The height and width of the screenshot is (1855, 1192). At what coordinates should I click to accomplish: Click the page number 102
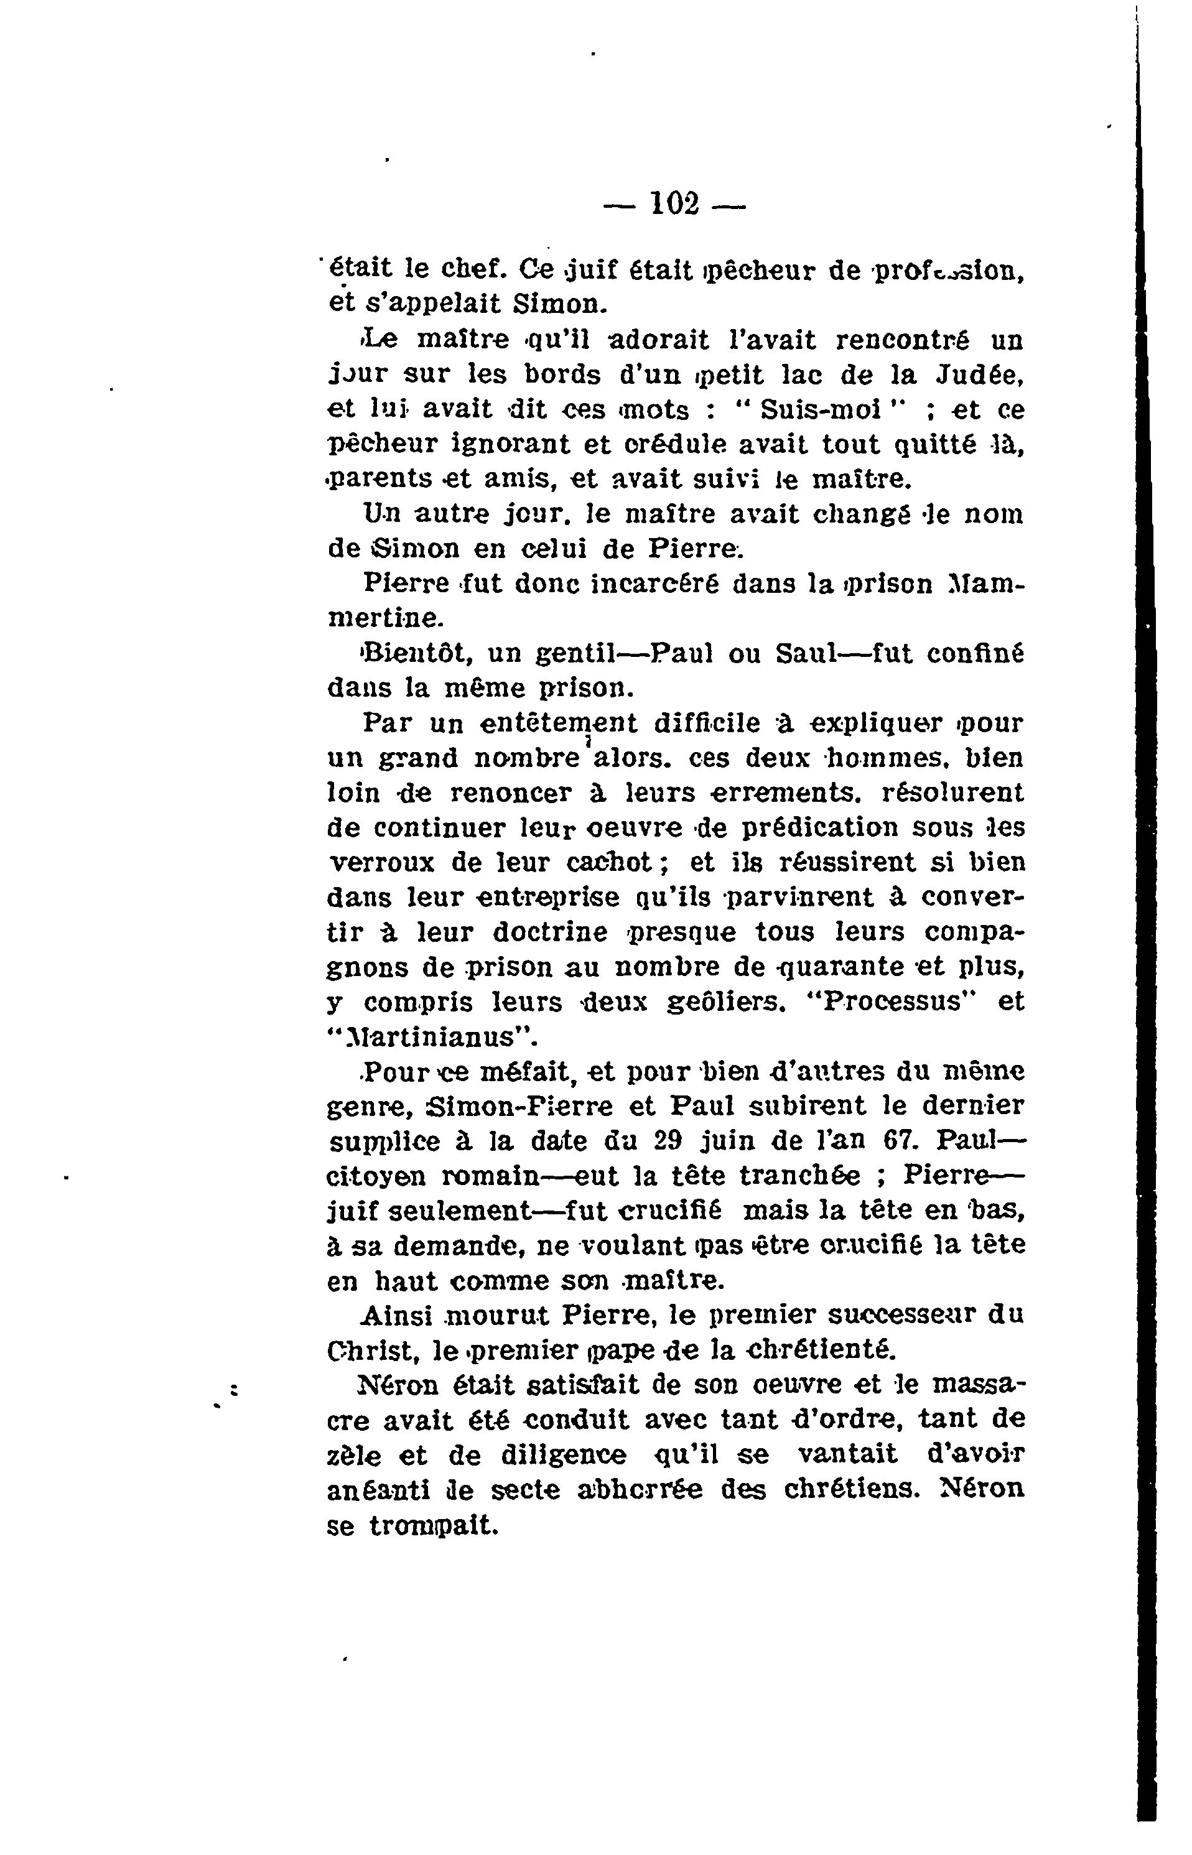tap(675, 204)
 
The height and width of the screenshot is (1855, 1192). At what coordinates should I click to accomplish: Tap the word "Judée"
tap(980, 374)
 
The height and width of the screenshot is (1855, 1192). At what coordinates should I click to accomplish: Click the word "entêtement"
tap(558, 723)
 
